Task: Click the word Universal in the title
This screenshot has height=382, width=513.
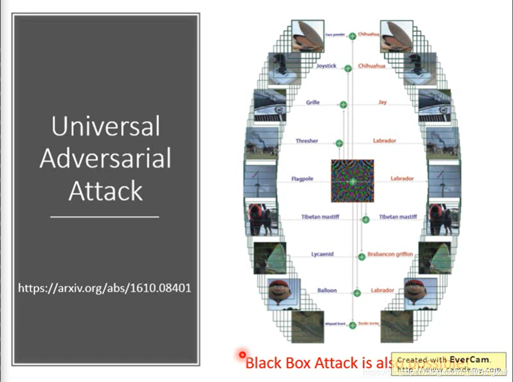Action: click(106, 127)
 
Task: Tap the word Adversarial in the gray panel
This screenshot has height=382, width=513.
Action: click(106, 158)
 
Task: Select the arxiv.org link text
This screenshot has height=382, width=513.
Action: click(105, 288)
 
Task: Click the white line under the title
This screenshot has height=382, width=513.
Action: click(105, 217)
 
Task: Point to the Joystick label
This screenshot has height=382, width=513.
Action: click(326, 66)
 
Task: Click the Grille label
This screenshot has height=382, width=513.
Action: click(313, 102)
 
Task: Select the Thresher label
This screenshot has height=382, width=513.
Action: click(307, 141)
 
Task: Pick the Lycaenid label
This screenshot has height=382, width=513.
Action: click(322, 254)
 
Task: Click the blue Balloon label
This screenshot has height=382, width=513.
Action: click(327, 291)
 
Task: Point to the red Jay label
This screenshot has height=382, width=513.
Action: click(383, 102)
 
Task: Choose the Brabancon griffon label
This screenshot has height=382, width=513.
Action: click(390, 254)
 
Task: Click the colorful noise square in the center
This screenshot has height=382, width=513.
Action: click(352, 181)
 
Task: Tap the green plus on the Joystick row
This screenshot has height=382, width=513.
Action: click(348, 68)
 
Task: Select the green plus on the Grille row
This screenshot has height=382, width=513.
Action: click(344, 105)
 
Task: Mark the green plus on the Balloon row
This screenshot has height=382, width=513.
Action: click(357, 293)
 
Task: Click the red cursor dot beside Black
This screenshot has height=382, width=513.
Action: click(242, 354)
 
